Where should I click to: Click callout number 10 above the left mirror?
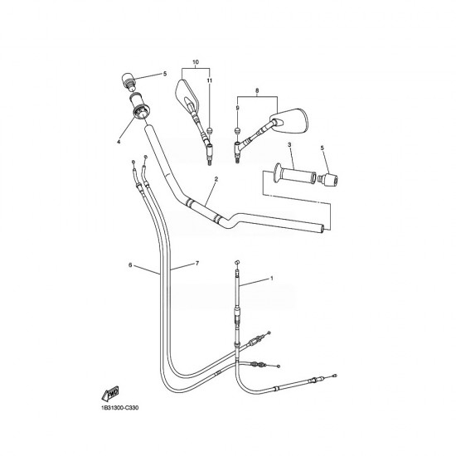pos(196,62)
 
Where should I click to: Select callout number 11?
pos(210,80)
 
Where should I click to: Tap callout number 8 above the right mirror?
pos(257,90)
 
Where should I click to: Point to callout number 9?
pos(238,108)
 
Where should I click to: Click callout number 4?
pos(119,142)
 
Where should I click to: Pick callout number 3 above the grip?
pos(289,144)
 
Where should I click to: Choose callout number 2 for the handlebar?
pos(216,179)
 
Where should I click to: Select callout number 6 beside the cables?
pos(130,265)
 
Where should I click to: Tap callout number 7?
pos(197,263)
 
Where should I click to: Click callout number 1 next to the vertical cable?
pos(272,279)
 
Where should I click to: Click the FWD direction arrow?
pos(110,394)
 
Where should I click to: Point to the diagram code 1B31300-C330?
pos(120,408)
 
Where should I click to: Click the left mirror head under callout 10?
pos(187,94)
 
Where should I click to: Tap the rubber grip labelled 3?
pos(294,174)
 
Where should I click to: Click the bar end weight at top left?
pos(128,80)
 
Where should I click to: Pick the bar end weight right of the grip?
pos(328,178)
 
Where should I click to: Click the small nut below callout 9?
pos(238,130)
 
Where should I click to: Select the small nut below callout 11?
pos(209,130)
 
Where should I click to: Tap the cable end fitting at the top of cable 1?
pos(237,262)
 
